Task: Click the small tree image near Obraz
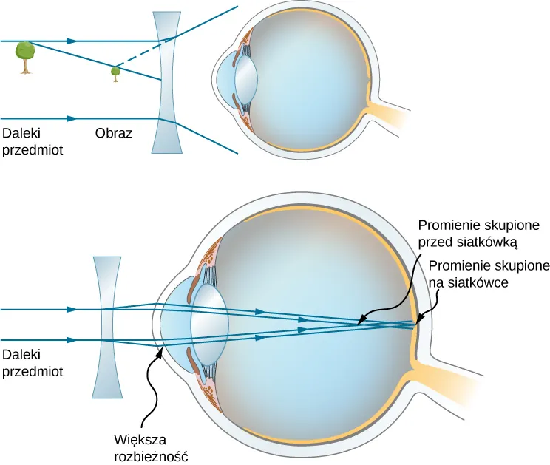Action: click(115, 72)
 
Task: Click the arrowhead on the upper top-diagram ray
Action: click(72, 41)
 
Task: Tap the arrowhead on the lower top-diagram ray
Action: click(72, 118)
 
